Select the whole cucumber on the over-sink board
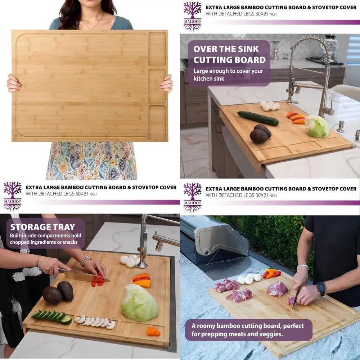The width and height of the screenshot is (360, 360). point(258,118)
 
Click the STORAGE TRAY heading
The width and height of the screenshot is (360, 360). point(42,227)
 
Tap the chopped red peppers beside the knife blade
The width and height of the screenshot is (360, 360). point(98,280)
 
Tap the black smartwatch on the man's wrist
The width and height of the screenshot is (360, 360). point(321,288)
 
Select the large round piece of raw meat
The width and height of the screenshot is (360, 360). point(278,289)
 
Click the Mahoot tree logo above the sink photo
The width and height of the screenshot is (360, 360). point(192,16)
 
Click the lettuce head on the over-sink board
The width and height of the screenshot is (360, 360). point(317,126)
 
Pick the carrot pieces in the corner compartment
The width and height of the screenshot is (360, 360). point(153,331)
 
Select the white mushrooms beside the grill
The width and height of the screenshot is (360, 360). point(249,278)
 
